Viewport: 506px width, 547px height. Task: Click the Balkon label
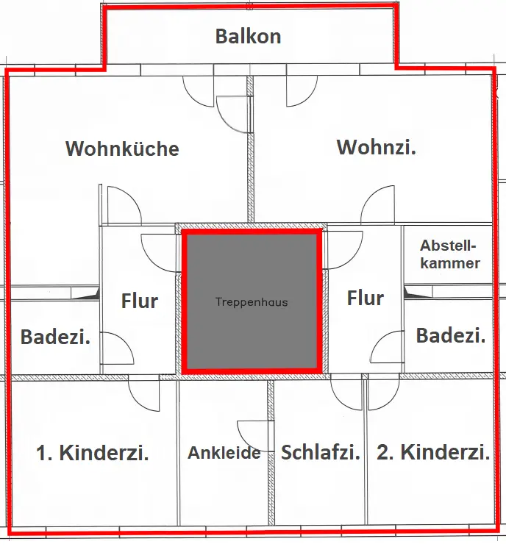248,36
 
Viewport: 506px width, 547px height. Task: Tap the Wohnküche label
122,149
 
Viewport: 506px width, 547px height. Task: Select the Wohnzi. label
376,147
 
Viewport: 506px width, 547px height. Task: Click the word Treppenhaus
252,302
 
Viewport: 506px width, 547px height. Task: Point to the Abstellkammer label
449,254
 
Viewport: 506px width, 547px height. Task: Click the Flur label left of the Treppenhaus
139,301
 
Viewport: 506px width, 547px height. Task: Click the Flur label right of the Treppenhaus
366,298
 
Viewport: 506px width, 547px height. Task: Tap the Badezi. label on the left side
55,337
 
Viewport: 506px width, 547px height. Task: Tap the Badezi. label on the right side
450,335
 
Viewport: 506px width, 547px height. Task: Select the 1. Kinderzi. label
93,452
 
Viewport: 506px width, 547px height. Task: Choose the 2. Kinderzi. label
433,452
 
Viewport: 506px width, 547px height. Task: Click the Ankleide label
224,453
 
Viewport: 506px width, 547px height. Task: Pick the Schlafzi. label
321,452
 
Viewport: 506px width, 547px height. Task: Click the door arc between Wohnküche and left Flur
123,204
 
